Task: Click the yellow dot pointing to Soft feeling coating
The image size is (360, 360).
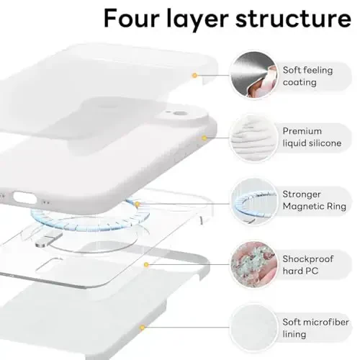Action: [x=194, y=74]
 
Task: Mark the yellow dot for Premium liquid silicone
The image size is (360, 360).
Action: [x=204, y=137]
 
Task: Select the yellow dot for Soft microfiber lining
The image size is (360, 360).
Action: [x=143, y=327]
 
